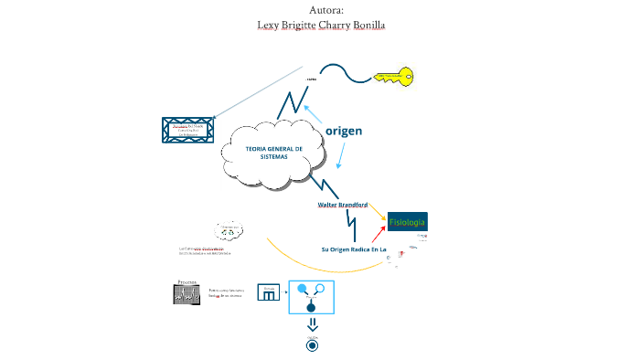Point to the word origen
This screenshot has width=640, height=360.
click(x=344, y=131)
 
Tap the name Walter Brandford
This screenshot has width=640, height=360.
click(x=342, y=205)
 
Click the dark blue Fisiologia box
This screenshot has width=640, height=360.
click(x=407, y=223)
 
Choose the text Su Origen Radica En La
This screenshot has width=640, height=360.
click(x=354, y=249)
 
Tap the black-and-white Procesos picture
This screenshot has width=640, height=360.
click(x=187, y=293)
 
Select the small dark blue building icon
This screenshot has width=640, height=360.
click(x=269, y=292)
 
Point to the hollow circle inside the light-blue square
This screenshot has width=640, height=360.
click(x=320, y=290)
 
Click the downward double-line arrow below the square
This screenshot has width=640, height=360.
click(x=312, y=324)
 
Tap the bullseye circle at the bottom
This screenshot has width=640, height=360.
click(x=312, y=344)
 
